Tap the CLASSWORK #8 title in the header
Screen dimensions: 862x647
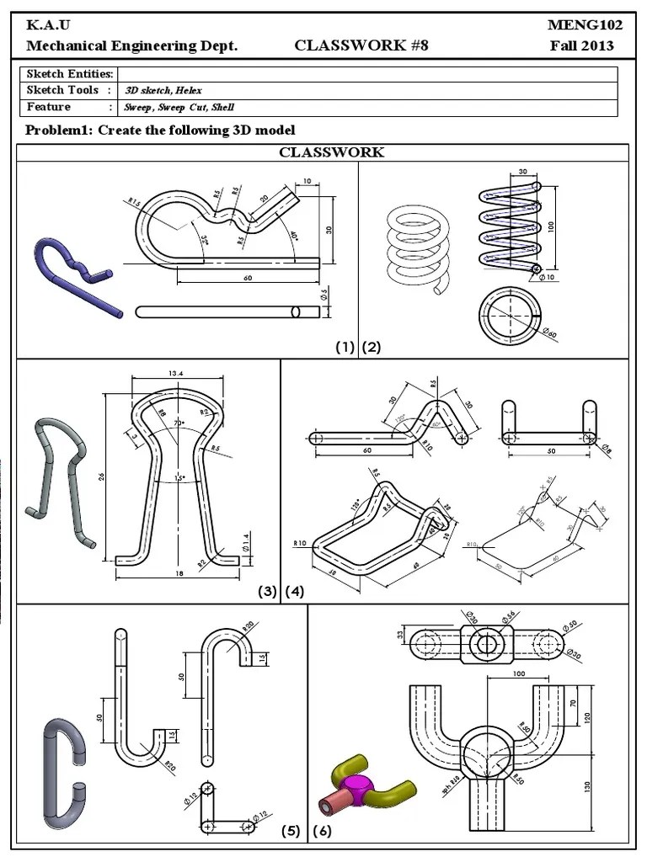coord(361,46)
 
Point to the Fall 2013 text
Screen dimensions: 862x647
coord(582,46)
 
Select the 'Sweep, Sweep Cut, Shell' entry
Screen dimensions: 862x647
coord(179,108)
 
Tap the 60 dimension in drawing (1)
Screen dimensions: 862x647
coord(247,277)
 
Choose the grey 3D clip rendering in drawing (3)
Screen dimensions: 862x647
coord(61,481)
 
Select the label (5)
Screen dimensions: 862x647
coord(291,831)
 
